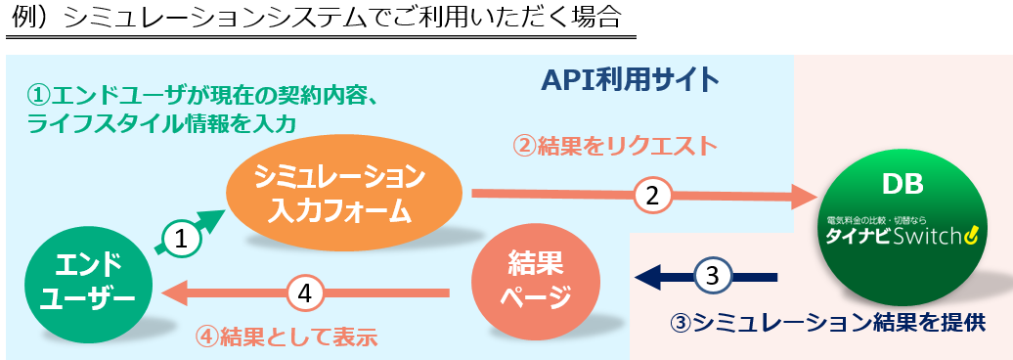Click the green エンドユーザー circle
click(89, 283)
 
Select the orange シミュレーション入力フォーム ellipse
click(344, 194)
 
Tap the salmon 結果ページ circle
click(536, 281)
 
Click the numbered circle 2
click(652, 196)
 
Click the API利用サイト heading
click(630, 81)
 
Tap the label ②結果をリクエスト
click(615, 147)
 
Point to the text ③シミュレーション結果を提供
click(827, 323)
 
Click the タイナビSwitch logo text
click(903, 237)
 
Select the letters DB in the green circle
click(902, 186)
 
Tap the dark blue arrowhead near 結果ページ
click(647, 277)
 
